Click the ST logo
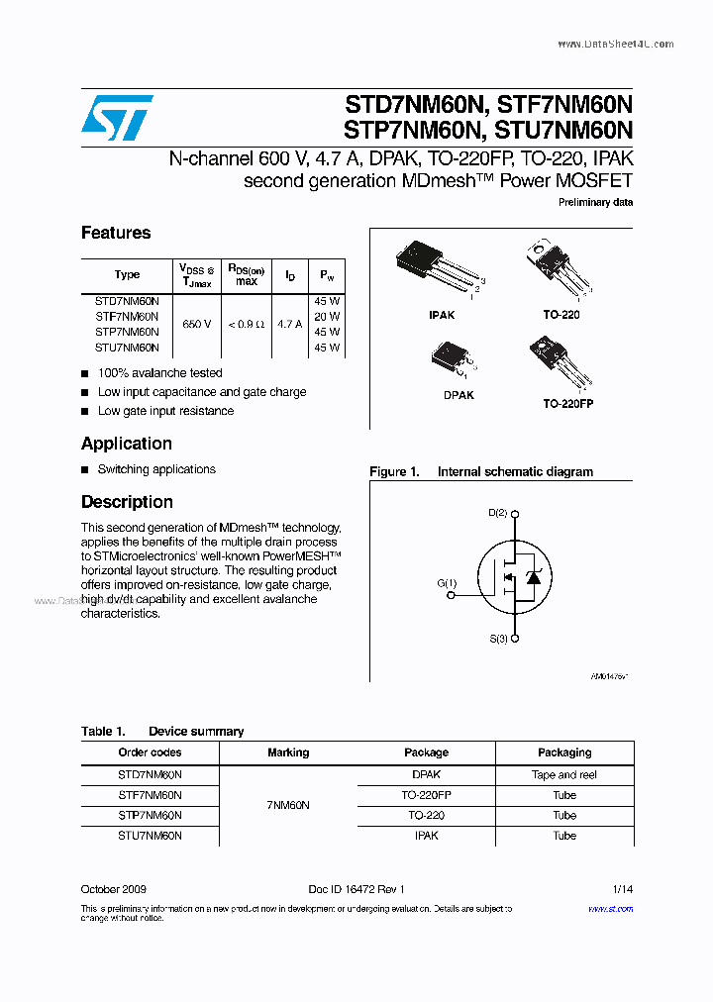pyautogui.click(x=117, y=118)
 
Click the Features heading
pyautogui.click(x=116, y=233)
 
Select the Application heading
pyautogui.click(x=127, y=444)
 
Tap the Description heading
pyautogui.click(x=127, y=502)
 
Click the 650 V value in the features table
pyautogui.click(x=196, y=324)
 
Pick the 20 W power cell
pyautogui.click(x=327, y=316)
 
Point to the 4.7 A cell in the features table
pyautogui.click(x=290, y=324)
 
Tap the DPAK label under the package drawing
pyautogui.click(x=458, y=395)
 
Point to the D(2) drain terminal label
pyautogui.click(x=497, y=513)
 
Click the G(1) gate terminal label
pyautogui.click(x=447, y=583)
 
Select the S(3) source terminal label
pyautogui.click(x=498, y=639)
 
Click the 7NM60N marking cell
pyautogui.click(x=288, y=805)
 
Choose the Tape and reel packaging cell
pyautogui.click(x=564, y=775)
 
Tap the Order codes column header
pyautogui.click(x=150, y=752)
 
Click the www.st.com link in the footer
pyautogui.click(x=610, y=908)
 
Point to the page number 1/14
pyautogui.click(x=622, y=889)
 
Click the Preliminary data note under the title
pyautogui.click(x=596, y=202)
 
